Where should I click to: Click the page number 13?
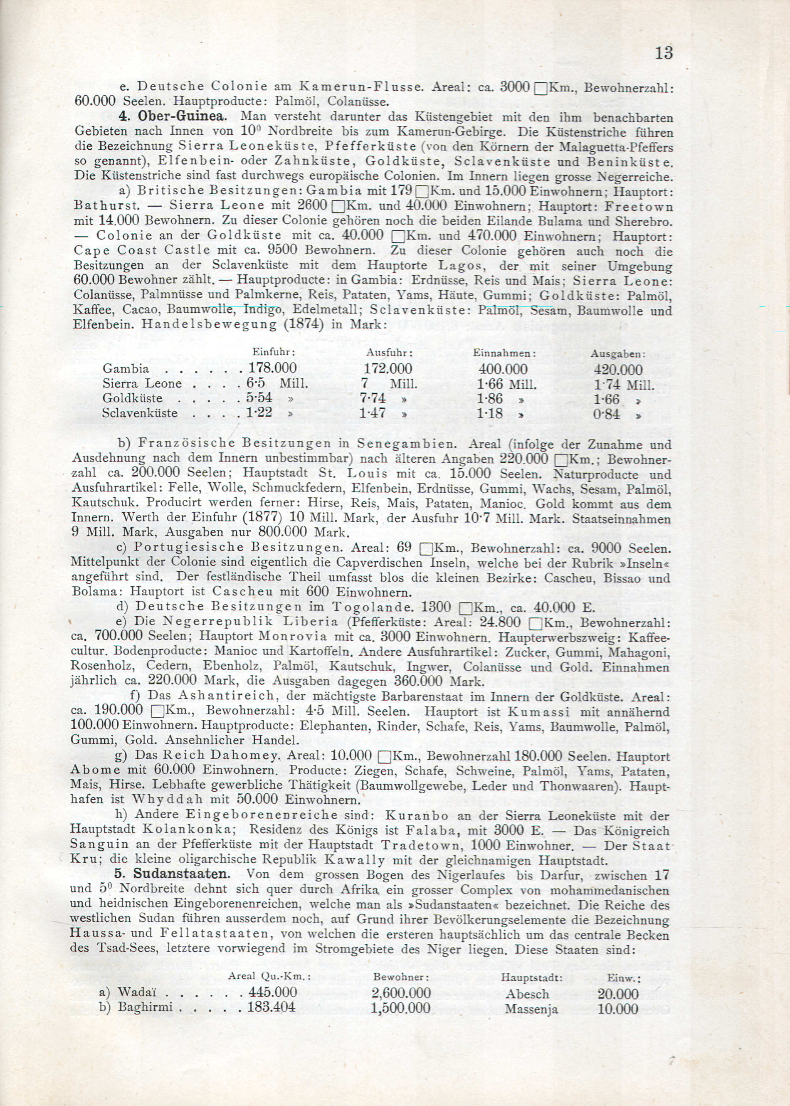(664, 52)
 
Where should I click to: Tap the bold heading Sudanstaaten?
(180, 873)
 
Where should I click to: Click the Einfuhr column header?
(274, 352)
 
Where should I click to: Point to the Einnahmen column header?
(504, 353)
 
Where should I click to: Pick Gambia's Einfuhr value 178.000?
(272, 368)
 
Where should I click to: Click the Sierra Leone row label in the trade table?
(142, 383)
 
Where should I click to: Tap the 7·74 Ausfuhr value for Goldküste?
(373, 398)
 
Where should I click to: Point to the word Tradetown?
(421, 844)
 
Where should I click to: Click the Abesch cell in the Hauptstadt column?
(527, 994)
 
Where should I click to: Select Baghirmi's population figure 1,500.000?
(400, 1008)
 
